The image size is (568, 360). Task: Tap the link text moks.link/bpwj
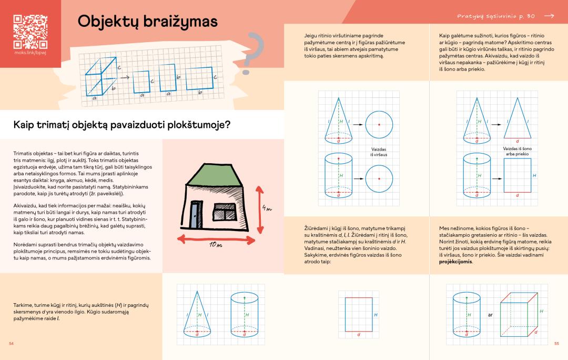pos(30,54)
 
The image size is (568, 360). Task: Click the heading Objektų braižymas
pos(148,22)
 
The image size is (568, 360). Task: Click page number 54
pos(11,343)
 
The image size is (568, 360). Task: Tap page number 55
pos(556,343)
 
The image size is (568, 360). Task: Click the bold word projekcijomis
pos(455,262)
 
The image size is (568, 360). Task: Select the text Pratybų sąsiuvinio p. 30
pos(496,16)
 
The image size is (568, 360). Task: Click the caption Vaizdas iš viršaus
pos(379,152)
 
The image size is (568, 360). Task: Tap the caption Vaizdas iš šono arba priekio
pos(518,151)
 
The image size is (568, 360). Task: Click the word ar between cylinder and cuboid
pos(490,315)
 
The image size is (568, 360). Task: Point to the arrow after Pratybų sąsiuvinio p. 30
pos(549,16)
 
